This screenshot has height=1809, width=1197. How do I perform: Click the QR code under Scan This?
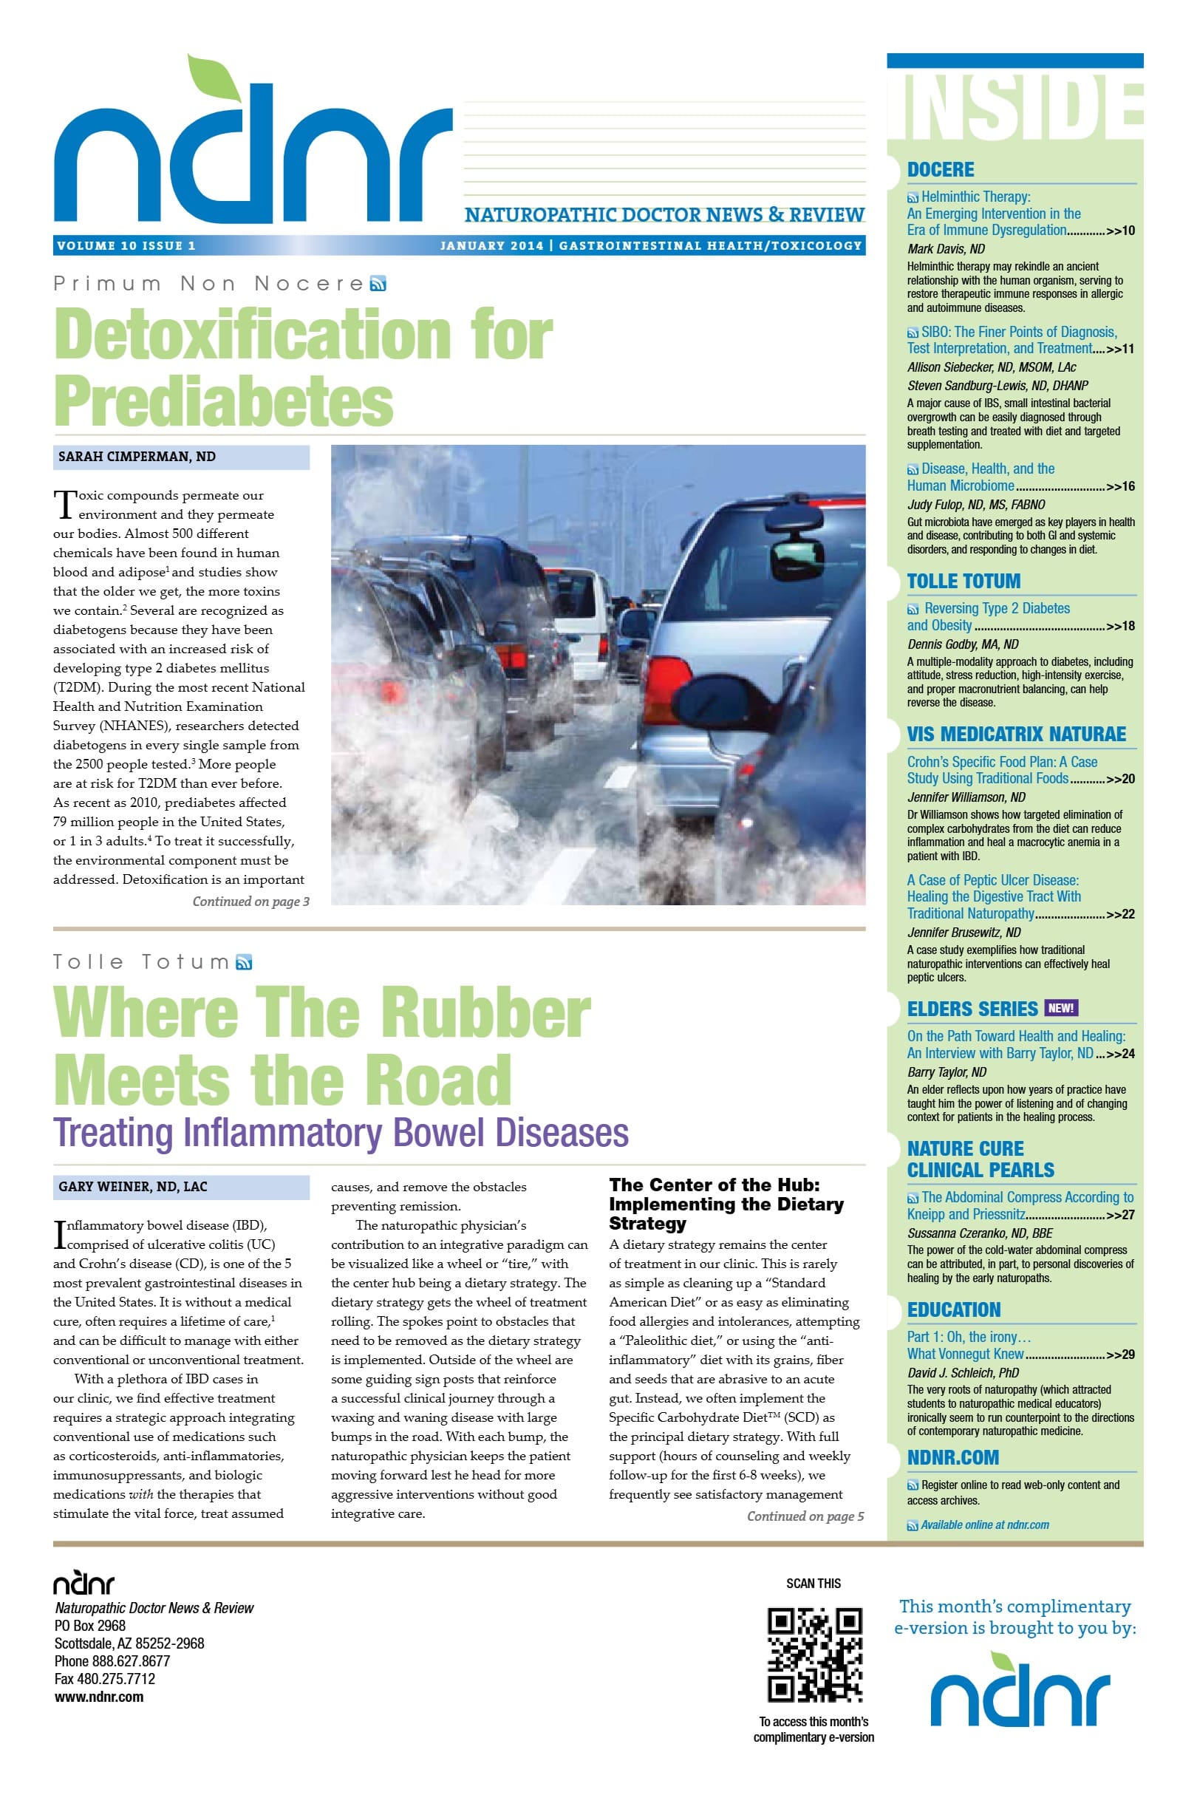[814, 1654]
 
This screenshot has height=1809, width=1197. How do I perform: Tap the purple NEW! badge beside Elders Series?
[1060, 1008]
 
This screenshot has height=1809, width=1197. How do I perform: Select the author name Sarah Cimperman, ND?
[137, 457]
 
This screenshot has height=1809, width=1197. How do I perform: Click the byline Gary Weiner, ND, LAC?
[133, 1187]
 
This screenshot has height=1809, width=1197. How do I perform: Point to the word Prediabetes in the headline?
[224, 401]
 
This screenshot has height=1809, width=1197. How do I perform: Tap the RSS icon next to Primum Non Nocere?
[378, 285]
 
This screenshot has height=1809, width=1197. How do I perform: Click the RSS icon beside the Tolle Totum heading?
[245, 963]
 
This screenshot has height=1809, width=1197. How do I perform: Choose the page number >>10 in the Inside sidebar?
[1120, 231]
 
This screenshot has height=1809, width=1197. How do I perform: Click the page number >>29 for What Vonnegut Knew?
[1120, 1355]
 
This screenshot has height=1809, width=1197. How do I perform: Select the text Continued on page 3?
[250, 902]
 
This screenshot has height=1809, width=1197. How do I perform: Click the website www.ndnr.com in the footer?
[99, 1697]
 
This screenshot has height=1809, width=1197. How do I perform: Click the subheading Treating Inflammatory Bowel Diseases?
[341, 1133]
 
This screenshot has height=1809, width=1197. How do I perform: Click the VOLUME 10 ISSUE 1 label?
[127, 246]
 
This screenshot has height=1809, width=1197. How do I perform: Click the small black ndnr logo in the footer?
[83, 1583]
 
